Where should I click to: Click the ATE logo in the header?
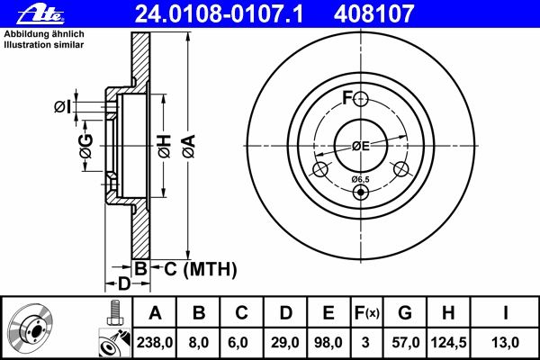[40, 14]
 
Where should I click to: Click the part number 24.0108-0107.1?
[219, 14]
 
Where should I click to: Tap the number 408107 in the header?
[373, 14]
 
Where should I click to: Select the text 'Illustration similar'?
[44, 45]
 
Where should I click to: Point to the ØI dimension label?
[62, 107]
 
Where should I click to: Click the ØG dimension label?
[86, 146]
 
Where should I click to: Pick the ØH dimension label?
[165, 147]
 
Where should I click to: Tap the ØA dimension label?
[189, 147]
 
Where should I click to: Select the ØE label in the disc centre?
[361, 147]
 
